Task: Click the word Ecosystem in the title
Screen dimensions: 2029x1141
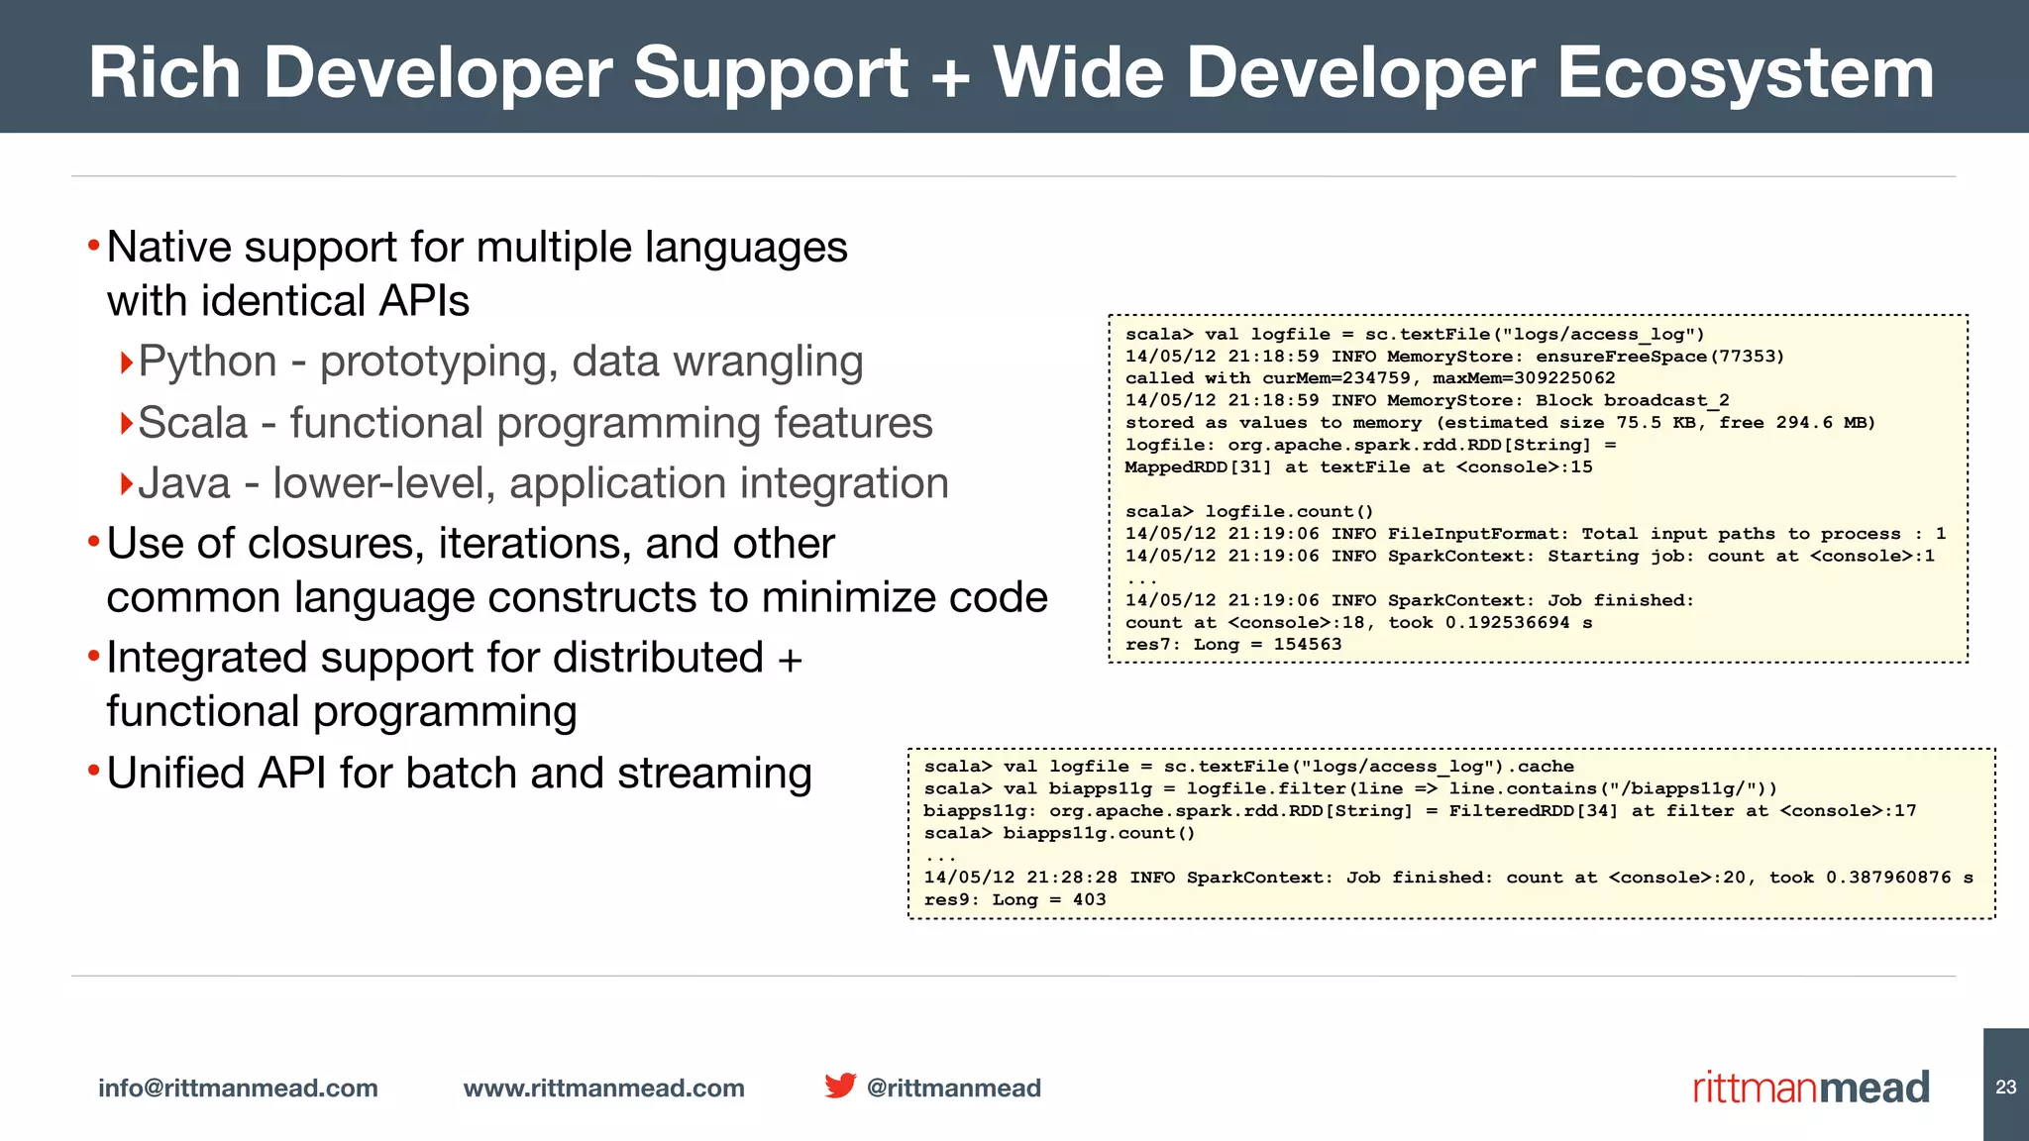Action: pos(1745,73)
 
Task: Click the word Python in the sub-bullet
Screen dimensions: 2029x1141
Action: pos(207,362)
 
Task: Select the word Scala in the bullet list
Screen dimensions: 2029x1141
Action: pos(192,423)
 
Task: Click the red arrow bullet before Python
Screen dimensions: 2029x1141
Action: pos(126,363)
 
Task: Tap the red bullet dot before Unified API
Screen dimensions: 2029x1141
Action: pos(93,771)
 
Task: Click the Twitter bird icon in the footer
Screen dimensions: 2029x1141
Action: pos(840,1086)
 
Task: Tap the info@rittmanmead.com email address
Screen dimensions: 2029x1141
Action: pos(238,1088)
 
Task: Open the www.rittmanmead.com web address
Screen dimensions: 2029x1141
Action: pos(603,1088)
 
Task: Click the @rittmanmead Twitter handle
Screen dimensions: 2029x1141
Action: pos(953,1088)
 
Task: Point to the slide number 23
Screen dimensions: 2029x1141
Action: pos(2005,1087)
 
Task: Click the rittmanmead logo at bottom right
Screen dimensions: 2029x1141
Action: pos(1811,1088)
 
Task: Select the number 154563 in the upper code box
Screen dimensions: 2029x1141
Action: pos(1308,645)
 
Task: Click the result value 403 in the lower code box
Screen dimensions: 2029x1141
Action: pos(1089,899)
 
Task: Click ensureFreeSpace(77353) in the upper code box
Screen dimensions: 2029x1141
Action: pos(1659,357)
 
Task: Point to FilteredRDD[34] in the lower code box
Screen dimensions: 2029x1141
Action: pos(1534,811)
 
